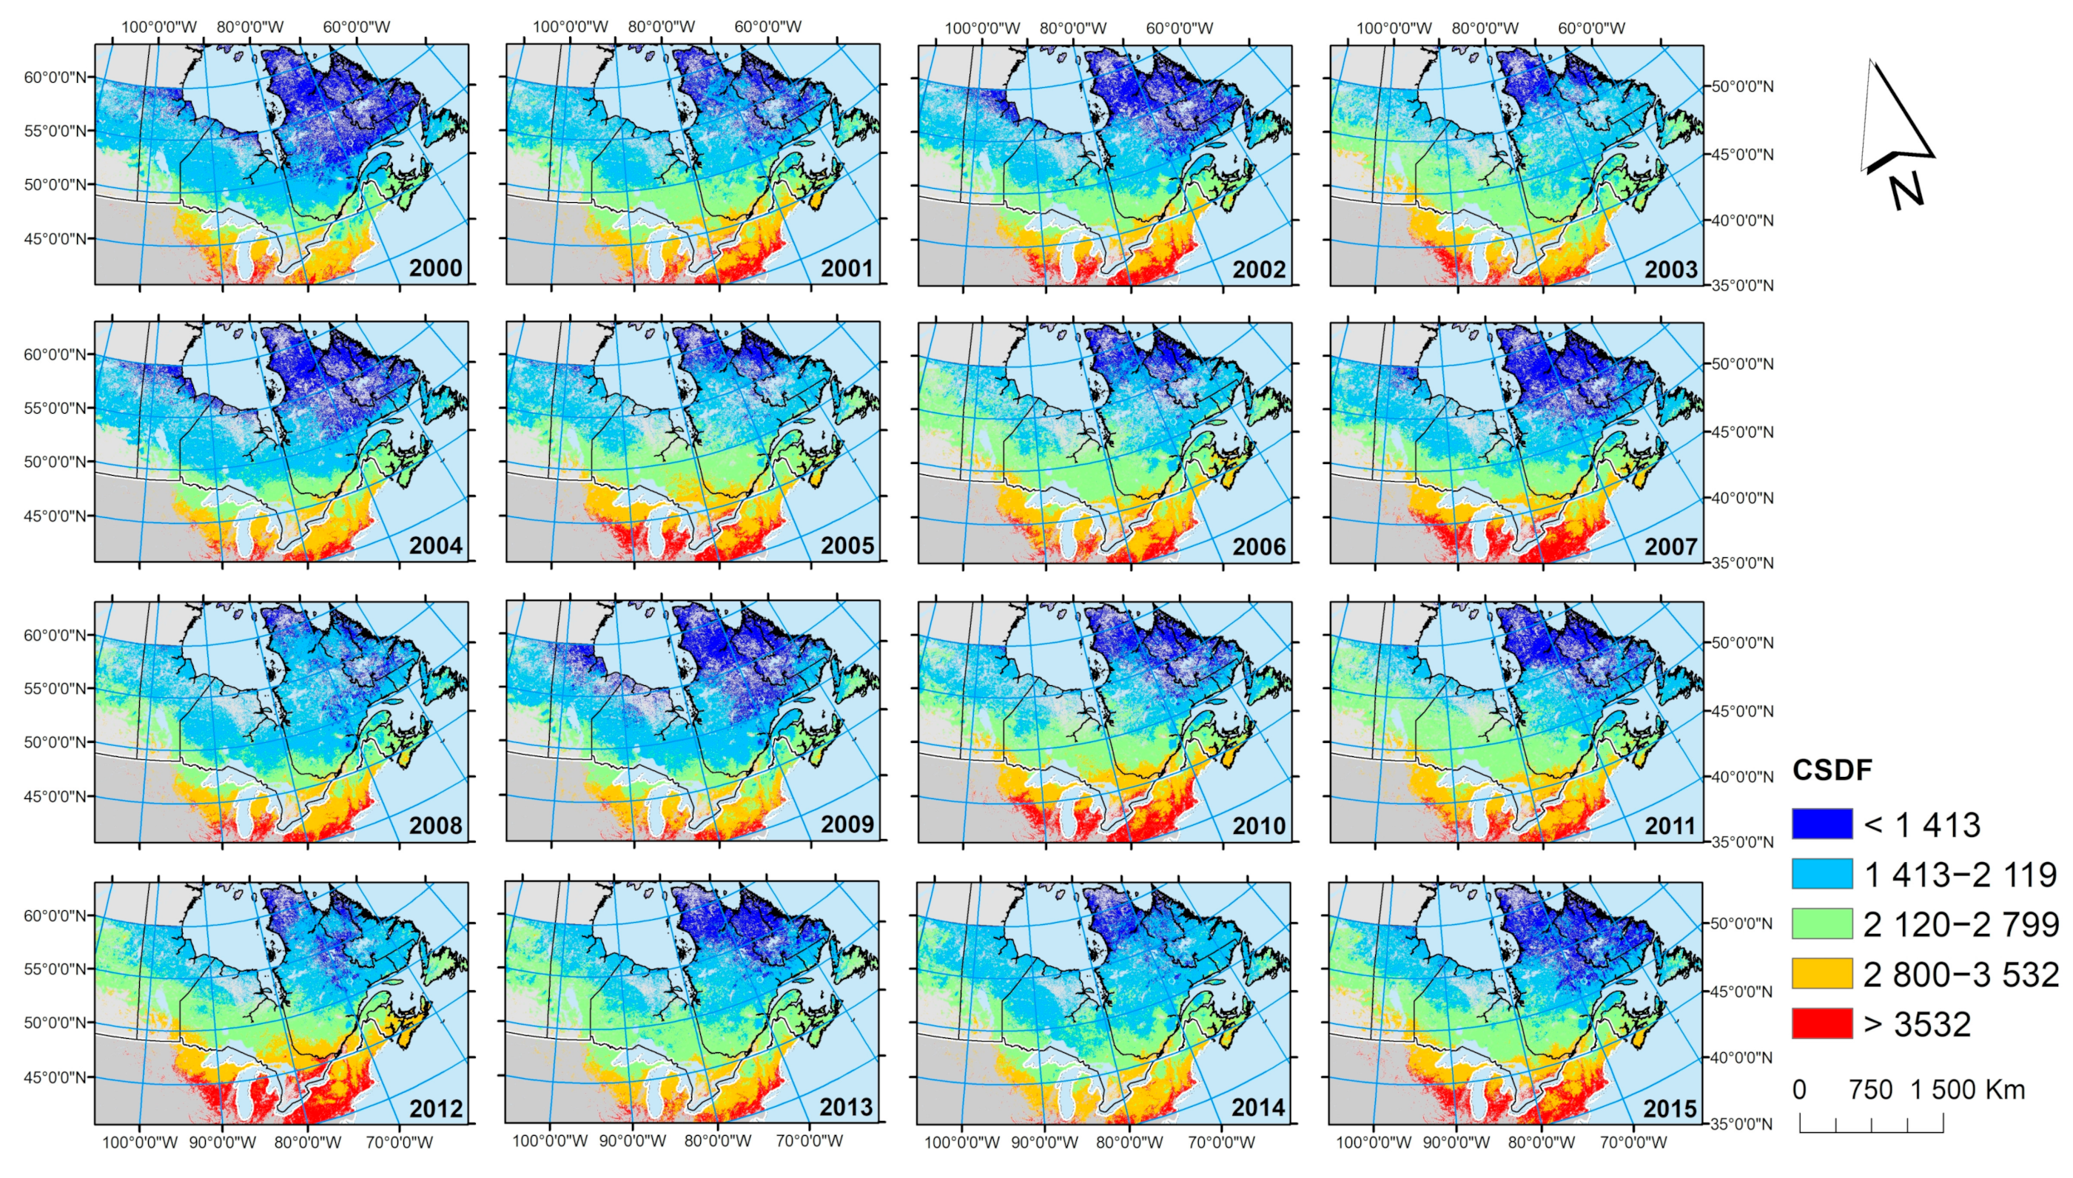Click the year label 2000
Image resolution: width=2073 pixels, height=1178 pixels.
pyautogui.click(x=435, y=268)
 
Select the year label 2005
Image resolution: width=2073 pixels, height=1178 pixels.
pyautogui.click(x=847, y=545)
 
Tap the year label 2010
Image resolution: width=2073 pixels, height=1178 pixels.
pyautogui.click(x=1259, y=825)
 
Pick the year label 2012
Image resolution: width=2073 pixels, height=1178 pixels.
pyautogui.click(x=435, y=1108)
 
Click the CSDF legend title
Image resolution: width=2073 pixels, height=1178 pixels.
pyautogui.click(x=1832, y=770)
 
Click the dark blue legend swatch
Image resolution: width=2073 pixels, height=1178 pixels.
pyautogui.click(x=1821, y=824)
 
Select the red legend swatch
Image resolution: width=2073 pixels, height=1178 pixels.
pyautogui.click(x=1821, y=1023)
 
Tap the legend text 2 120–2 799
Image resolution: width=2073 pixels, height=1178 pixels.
pyautogui.click(x=1961, y=924)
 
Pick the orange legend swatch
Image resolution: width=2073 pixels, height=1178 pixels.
pyautogui.click(x=1821, y=973)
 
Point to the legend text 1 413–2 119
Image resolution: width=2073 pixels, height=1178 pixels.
pyautogui.click(x=1961, y=875)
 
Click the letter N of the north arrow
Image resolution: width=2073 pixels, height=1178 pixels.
pyautogui.click(x=1906, y=192)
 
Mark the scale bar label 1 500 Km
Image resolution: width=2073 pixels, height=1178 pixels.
pyautogui.click(x=1967, y=1090)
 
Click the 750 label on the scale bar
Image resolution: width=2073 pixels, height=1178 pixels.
pyautogui.click(x=1870, y=1090)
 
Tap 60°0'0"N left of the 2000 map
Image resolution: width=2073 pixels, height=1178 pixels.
pyautogui.click(x=55, y=78)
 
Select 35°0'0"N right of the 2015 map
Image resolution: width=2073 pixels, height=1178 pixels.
pyautogui.click(x=1742, y=1124)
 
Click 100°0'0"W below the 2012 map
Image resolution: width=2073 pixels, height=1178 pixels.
pyautogui.click(x=139, y=1142)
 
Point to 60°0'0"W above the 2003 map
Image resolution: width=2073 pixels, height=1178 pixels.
pyautogui.click(x=1590, y=27)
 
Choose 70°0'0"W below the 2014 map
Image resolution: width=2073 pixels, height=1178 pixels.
pyautogui.click(x=1221, y=1142)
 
